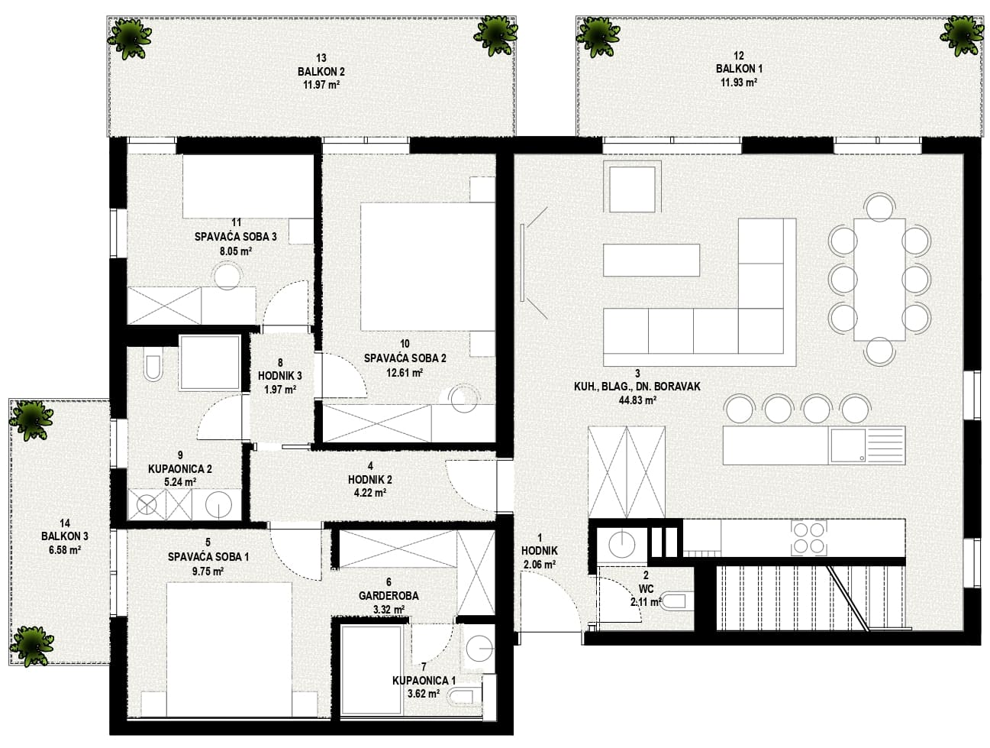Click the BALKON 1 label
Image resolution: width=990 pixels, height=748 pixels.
coord(739,69)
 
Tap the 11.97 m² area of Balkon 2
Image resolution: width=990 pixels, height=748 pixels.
coord(321,84)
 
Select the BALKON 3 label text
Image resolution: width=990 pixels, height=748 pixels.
coord(64,536)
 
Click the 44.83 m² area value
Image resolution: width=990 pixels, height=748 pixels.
coord(638,400)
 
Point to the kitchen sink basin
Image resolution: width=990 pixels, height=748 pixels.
coord(847,445)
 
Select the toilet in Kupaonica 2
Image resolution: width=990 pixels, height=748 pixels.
coord(153,368)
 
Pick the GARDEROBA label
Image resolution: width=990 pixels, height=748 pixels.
coord(389,595)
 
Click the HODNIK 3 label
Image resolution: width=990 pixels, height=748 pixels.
coord(280,376)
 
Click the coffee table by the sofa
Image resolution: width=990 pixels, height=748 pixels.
coord(651,260)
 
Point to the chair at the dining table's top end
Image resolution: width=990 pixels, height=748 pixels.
coord(879,207)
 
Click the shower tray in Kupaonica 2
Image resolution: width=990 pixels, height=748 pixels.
coord(210,362)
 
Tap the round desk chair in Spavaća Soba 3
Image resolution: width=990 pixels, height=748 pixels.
coord(227,276)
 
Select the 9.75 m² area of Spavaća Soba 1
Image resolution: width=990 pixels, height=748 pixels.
coord(208,571)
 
